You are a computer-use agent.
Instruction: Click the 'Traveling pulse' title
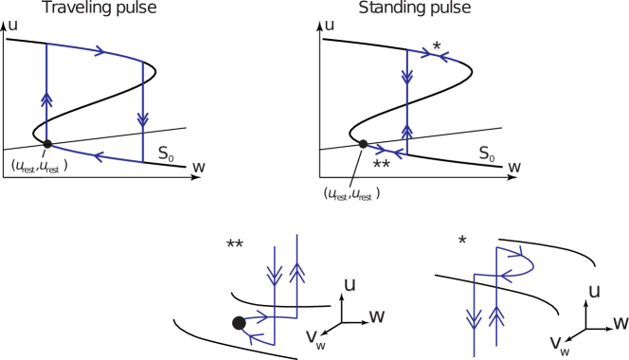pos(99,9)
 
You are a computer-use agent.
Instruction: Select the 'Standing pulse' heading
pos(414,9)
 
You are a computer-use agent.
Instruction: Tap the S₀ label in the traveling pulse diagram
pos(165,153)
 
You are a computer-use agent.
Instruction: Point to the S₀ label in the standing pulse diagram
pos(485,153)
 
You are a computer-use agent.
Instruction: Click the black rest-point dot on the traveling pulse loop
pos(47,143)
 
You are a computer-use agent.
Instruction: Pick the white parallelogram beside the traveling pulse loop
pos(55,117)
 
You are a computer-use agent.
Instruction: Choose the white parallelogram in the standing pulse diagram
pos(371,117)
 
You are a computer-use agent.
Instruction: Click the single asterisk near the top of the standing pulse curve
pos(436,46)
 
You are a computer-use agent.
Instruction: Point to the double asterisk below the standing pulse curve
pos(381,166)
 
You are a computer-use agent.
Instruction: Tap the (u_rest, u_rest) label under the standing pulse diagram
pos(351,193)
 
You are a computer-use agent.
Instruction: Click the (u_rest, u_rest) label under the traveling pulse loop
pos(39,165)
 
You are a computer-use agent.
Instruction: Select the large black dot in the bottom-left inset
pos(239,323)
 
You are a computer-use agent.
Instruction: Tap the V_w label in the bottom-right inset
pos(560,344)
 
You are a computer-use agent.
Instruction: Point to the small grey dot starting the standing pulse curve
pos(363,144)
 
